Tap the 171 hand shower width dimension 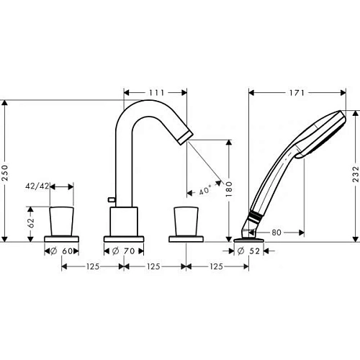pyautogui.click(x=297, y=92)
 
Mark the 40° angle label pyautogui.click(x=204, y=191)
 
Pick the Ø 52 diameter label pyautogui.click(x=249, y=251)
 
